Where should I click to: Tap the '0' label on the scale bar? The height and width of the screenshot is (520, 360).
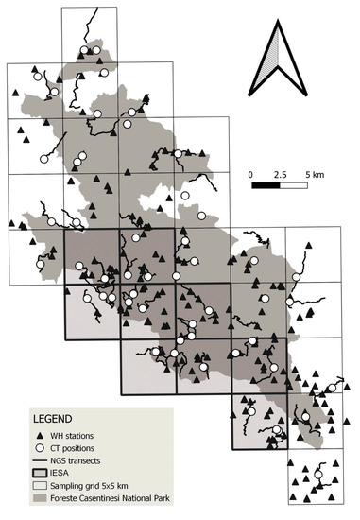[x=251, y=175]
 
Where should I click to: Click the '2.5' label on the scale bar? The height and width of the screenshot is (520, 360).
[x=280, y=175]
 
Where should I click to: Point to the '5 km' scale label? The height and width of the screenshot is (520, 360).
[x=313, y=175]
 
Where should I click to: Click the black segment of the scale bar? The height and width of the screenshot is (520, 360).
[x=266, y=186]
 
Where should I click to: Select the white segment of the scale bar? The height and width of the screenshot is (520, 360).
[x=294, y=186]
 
